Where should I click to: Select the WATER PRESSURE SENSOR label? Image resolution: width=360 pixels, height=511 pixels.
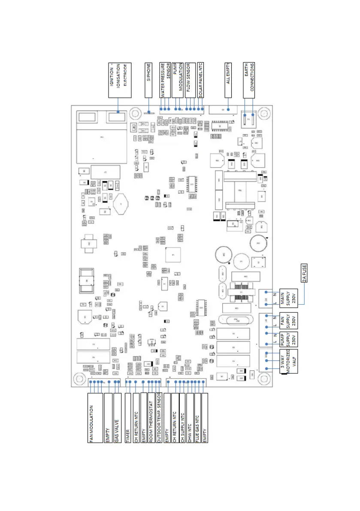(166, 80)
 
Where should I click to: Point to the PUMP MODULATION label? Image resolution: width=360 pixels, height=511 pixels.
(178, 80)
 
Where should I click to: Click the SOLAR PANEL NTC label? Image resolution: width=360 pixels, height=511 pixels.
(200, 80)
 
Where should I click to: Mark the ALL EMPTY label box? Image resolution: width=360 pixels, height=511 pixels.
(228, 80)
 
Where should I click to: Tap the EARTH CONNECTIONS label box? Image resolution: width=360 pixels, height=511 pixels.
(249, 80)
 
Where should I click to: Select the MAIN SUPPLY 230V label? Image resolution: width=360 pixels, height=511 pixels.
(288, 296)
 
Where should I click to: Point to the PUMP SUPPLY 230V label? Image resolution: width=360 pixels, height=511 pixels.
(288, 339)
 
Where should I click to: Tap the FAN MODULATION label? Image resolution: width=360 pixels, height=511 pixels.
(91, 418)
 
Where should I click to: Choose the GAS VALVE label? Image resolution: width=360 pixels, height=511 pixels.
(117, 418)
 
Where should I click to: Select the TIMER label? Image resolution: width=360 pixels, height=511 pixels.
(128, 418)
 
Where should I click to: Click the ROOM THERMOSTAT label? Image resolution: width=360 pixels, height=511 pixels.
(151, 418)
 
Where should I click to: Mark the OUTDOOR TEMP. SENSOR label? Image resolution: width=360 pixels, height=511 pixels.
(158, 418)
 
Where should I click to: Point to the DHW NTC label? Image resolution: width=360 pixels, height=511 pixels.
(189, 418)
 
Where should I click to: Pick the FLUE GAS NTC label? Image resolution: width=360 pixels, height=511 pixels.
(197, 418)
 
